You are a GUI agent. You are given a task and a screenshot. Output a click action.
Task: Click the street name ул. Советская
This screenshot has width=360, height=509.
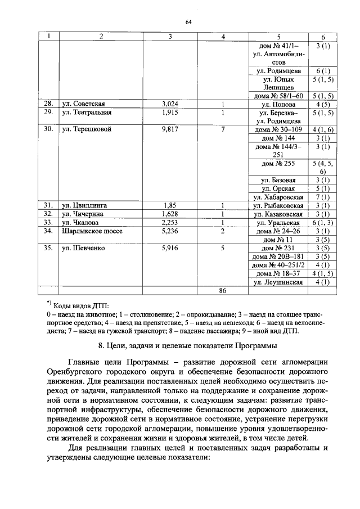(84, 103)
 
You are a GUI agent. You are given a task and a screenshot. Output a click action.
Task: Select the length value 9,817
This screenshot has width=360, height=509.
(170, 129)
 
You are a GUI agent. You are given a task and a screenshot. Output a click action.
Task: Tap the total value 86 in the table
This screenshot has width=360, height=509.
(223, 290)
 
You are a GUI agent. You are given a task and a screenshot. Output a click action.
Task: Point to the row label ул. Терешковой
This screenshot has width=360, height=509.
(87, 129)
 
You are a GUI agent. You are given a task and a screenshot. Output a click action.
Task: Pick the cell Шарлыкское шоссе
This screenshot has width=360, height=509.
(92, 231)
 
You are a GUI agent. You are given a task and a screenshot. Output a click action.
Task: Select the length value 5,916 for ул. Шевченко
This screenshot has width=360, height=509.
(170, 247)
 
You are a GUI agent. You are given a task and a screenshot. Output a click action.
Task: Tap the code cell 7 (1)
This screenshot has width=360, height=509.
(323, 197)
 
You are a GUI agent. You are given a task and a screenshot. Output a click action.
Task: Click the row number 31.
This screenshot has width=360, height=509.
(48, 205)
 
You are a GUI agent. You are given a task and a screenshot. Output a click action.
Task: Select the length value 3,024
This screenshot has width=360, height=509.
(170, 103)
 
